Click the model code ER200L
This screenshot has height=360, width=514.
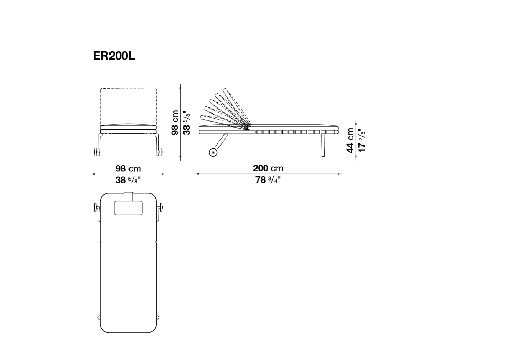[114, 56]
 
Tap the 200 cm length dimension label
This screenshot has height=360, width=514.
[268, 168]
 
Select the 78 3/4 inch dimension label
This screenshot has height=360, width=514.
[268, 179]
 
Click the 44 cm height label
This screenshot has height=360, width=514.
[350, 140]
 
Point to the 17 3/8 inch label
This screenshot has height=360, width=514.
[361, 140]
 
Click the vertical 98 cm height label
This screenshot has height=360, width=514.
[175, 122]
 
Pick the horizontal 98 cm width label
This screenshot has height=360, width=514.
[128, 169]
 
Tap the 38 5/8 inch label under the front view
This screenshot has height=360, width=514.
[128, 180]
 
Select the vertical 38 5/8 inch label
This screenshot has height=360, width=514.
[187, 122]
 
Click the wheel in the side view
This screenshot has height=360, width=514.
[213, 152]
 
